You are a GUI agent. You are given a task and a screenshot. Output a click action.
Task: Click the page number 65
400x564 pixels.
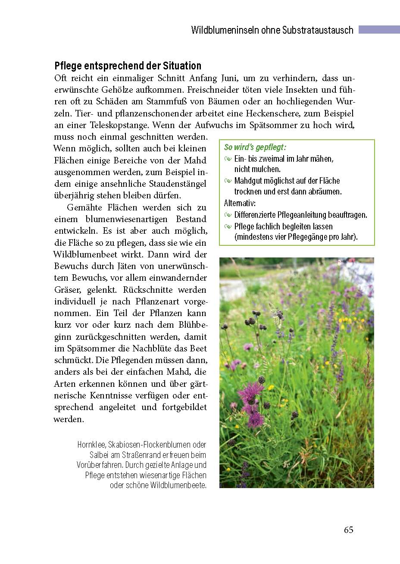pyautogui.click(x=348, y=530)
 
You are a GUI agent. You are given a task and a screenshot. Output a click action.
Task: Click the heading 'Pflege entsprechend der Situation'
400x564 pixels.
pyautogui.click(x=128, y=66)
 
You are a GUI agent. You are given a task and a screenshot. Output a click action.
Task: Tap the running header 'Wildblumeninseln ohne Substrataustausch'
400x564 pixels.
pyautogui.click(x=272, y=30)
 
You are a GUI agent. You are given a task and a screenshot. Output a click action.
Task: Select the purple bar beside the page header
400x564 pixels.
pyautogui.click(x=379, y=29)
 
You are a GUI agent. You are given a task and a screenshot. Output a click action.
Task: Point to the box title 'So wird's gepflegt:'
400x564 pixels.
pyautogui.click(x=255, y=147)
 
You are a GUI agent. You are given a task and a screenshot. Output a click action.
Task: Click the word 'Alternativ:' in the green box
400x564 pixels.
pyautogui.click(x=240, y=203)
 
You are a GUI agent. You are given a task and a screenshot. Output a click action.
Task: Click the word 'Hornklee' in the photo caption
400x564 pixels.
pyautogui.click(x=91, y=445)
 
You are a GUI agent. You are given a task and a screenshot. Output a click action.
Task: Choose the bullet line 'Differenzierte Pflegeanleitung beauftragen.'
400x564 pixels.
pyautogui.click(x=300, y=215)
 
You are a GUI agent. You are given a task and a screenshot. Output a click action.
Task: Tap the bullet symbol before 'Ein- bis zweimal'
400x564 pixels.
pyautogui.click(x=228, y=159)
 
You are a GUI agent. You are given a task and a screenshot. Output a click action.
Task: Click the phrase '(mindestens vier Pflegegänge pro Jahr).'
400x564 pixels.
pyautogui.click(x=296, y=237)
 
